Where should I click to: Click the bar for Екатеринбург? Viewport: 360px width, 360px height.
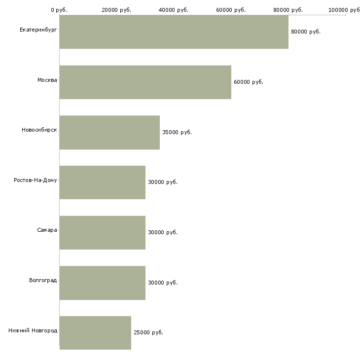click(174, 32)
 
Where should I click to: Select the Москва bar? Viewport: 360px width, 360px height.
click(145, 82)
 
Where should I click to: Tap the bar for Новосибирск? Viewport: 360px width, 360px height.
click(109, 133)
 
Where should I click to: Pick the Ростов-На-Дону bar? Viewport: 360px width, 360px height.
click(102, 182)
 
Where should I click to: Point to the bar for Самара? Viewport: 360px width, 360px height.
click(102, 233)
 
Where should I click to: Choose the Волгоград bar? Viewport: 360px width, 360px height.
click(102, 283)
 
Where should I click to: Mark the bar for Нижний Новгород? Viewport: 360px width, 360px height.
click(95, 333)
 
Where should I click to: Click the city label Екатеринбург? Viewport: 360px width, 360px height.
click(38, 30)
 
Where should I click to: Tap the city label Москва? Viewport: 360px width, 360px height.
click(47, 80)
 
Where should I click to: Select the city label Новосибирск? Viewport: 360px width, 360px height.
click(39, 130)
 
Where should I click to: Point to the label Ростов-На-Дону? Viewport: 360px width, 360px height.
click(36, 180)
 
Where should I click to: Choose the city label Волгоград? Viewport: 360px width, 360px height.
click(43, 281)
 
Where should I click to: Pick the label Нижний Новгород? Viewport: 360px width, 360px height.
click(33, 331)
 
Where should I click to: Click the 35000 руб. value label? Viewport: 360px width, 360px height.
click(177, 133)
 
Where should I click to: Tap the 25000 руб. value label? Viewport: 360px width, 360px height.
click(148, 333)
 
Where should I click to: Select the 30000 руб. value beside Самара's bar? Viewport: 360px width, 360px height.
click(162, 233)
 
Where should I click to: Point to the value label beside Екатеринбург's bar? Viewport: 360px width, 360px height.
click(306, 32)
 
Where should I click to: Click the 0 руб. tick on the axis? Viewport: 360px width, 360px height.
click(59, 10)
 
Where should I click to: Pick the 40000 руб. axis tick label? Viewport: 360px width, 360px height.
click(174, 10)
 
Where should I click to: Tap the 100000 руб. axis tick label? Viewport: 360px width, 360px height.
click(345, 10)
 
